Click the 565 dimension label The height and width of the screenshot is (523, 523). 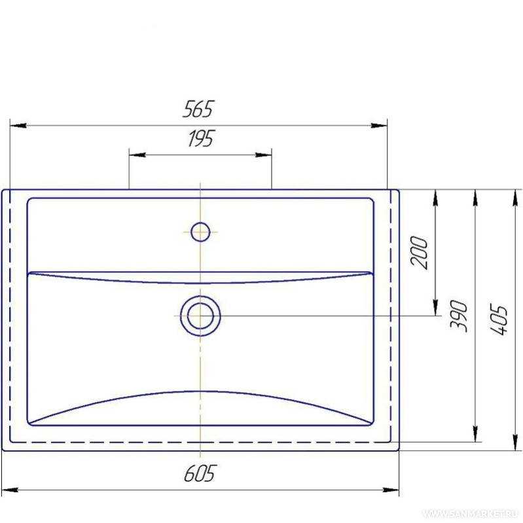tap(198, 109)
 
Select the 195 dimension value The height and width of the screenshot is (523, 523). tap(200, 138)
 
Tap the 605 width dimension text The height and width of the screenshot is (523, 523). tap(200, 473)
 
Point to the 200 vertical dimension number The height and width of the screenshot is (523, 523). tap(419, 253)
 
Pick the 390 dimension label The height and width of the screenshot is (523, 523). tap(459, 316)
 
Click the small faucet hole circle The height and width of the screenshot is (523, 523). tap(200, 232)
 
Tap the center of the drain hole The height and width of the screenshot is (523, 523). tap(200, 316)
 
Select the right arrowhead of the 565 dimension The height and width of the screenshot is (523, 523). tap(379, 126)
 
